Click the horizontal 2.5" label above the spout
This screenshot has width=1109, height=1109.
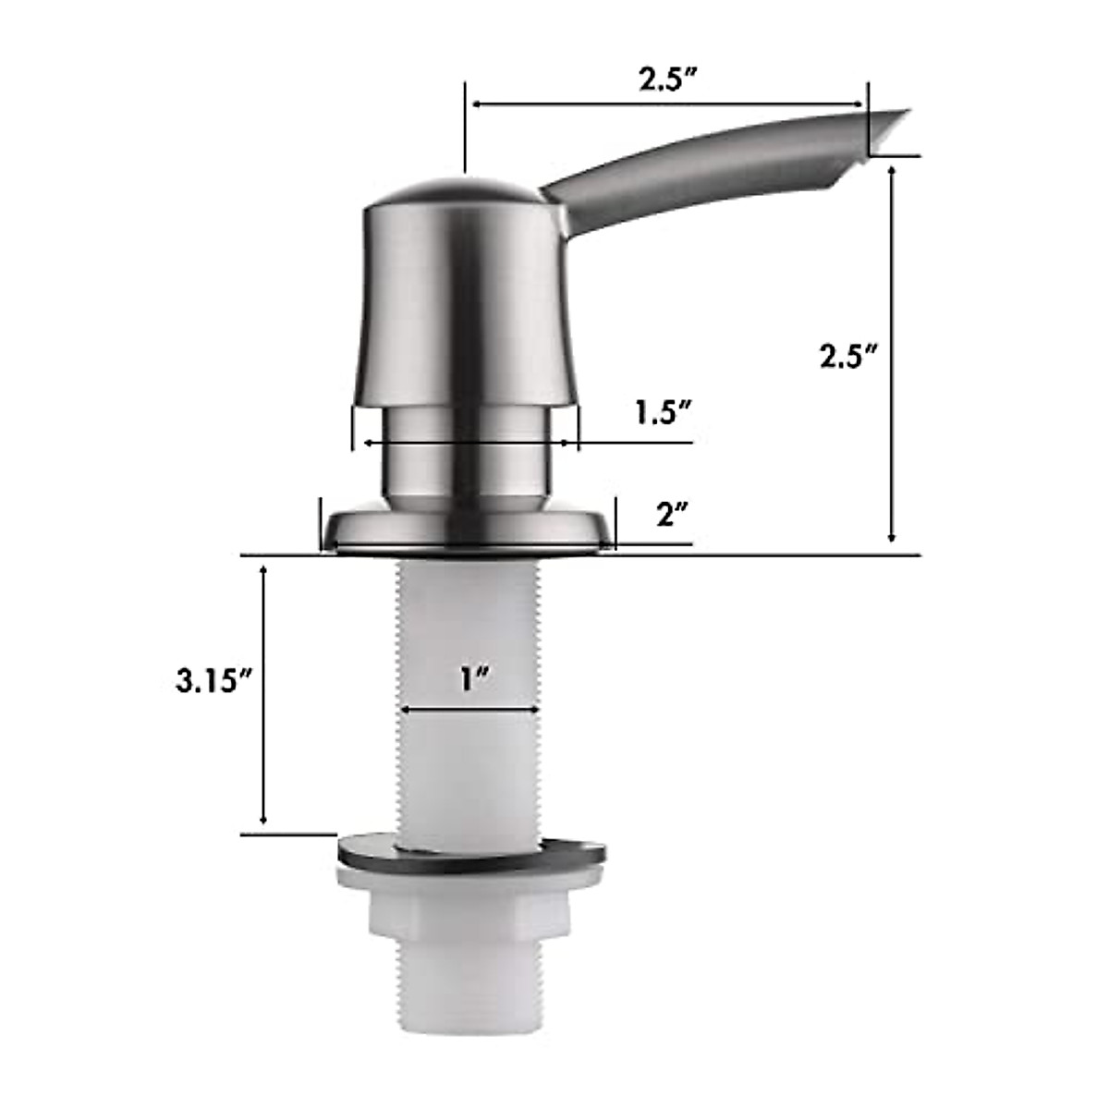pyautogui.click(x=666, y=79)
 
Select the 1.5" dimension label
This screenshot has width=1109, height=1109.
pyautogui.click(x=663, y=413)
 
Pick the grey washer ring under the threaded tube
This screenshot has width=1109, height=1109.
pyautogui.click(x=471, y=855)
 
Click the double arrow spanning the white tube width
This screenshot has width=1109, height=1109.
pyautogui.click(x=469, y=710)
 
